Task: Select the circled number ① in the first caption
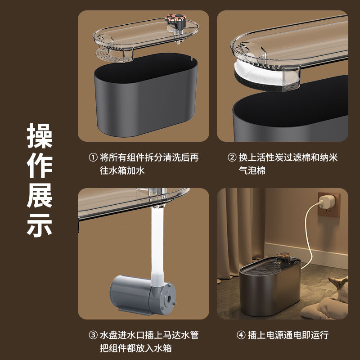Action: pos(93,157)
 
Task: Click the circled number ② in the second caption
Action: pos(232,157)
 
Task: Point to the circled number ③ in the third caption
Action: pos(93,335)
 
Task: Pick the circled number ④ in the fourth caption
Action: pos(241,335)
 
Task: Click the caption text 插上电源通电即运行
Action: pos(288,335)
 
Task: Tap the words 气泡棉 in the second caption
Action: pos(252,171)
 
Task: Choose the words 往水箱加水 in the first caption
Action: pos(122,171)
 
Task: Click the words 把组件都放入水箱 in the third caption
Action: pos(135,348)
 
